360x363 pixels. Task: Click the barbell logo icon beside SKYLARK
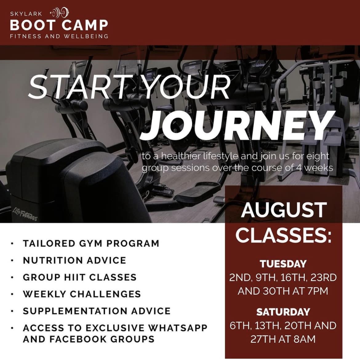(59, 13)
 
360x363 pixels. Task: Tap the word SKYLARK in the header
(26, 14)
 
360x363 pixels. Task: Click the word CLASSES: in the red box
(283, 235)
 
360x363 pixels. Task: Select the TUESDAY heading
(283, 264)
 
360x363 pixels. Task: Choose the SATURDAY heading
(283, 312)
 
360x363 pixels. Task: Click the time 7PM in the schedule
(318, 291)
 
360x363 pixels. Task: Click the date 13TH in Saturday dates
(267, 326)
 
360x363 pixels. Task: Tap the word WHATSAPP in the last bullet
(178, 328)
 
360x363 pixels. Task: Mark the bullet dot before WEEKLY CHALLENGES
(12, 294)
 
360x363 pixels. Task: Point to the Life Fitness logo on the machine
(25, 215)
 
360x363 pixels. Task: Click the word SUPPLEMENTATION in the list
(75, 311)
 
